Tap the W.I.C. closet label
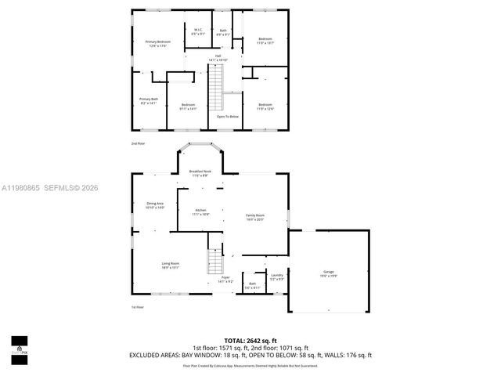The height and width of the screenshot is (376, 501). (198, 32)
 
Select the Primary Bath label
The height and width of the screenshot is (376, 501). (149, 101)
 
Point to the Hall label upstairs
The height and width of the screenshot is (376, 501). (217, 58)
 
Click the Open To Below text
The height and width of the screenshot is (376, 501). (227, 116)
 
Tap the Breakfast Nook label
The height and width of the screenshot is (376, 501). (200, 172)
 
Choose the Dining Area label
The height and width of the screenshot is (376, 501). (155, 205)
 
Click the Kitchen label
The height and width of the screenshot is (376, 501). (200, 212)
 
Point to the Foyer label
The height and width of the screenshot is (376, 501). (225, 280)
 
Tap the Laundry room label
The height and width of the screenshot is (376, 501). (276, 277)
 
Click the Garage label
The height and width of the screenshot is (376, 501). (328, 274)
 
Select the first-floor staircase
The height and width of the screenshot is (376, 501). (214, 262)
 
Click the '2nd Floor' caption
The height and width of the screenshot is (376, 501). (138, 144)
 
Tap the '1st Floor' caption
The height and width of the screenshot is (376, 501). (138, 307)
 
